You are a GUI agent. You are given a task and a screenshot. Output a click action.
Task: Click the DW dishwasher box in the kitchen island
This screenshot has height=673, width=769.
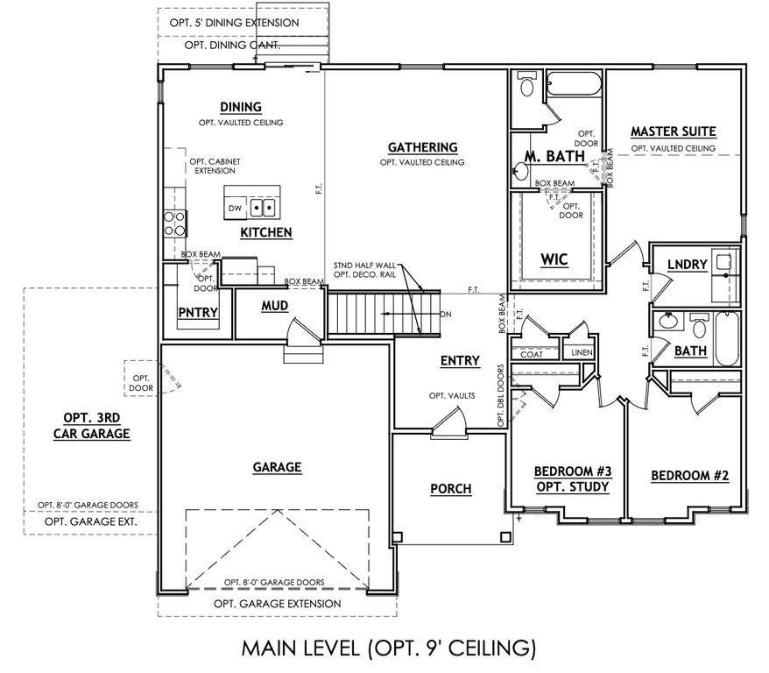(235, 209)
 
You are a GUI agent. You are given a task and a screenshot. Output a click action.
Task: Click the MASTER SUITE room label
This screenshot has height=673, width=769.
(673, 131)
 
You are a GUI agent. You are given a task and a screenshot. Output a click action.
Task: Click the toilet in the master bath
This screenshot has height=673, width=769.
(527, 86)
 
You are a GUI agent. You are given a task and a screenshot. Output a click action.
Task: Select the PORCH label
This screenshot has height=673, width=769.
(451, 488)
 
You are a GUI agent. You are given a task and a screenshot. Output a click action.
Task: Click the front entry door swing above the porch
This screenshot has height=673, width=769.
(449, 424)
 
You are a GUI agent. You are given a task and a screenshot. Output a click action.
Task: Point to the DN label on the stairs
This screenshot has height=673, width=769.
(446, 314)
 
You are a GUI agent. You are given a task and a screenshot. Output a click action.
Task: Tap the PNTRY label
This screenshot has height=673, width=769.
(197, 312)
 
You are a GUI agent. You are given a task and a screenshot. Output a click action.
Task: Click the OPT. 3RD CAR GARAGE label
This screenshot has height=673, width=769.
(91, 425)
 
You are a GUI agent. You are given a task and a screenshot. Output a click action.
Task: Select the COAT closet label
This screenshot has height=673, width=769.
(533, 353)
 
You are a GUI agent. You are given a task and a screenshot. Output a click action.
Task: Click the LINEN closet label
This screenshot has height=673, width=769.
(582, 353)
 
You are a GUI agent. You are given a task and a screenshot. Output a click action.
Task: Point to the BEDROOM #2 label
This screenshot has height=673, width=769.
(689, 476)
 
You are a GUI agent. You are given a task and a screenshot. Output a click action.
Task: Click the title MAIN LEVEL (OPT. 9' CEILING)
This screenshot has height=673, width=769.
(387, 648)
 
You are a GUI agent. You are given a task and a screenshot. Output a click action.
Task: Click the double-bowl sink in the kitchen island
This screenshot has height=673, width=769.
(263, 209)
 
